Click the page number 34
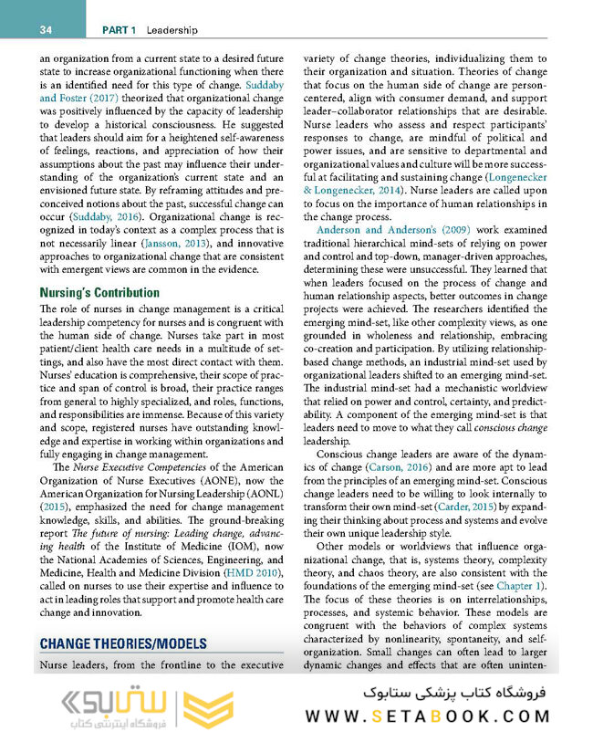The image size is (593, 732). point(45,30)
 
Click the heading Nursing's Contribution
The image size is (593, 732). point(99,293)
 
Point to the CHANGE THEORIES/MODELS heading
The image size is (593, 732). point(122,643)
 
